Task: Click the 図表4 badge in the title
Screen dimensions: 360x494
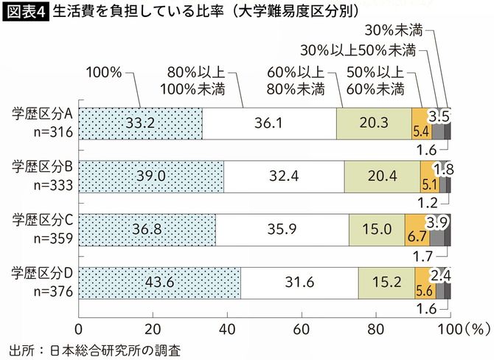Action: click(27, 13)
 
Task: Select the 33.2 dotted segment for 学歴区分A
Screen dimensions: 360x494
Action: click(139, 122)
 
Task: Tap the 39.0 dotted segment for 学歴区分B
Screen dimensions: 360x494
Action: click(150, 177)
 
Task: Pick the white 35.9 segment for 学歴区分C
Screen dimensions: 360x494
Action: click(282, 229)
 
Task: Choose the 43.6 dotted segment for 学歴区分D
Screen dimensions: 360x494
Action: click(159, 283)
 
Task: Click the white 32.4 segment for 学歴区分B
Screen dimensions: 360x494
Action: click(284, 177)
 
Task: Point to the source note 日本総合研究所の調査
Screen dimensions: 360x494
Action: click(114, 348)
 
